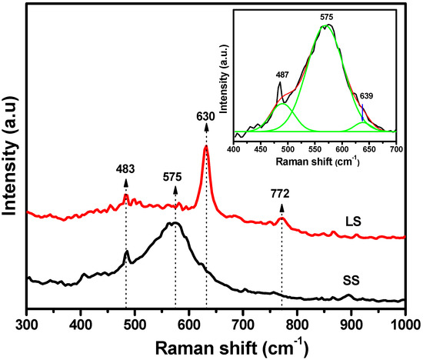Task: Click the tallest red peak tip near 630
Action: coord(205,147)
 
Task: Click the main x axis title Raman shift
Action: coord(215,344)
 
